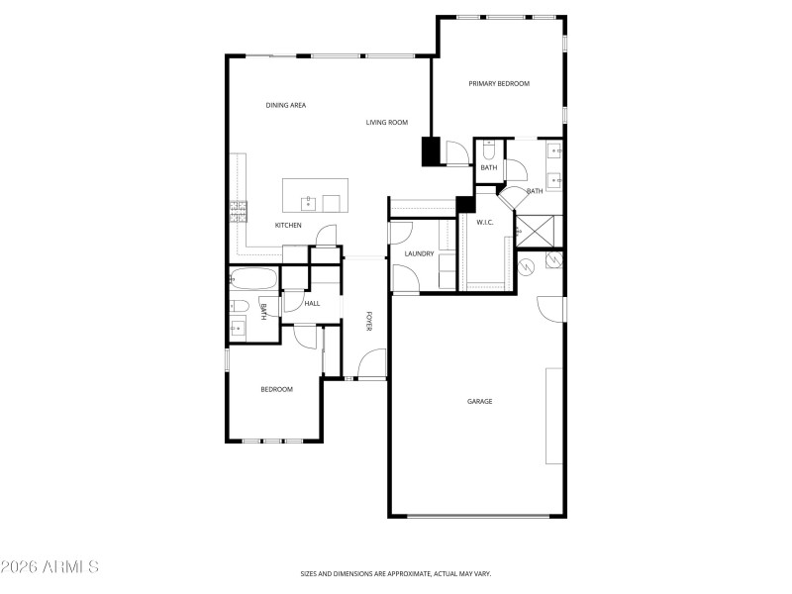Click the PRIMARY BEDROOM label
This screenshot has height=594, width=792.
(x=499, y=84)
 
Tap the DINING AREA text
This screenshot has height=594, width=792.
(x=285, y=105)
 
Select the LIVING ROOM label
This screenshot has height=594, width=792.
(x=387, y=123)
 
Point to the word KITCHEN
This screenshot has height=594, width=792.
(x=288, y=226)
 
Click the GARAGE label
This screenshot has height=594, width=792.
(x=480, y=402)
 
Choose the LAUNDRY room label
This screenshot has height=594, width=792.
(x=420, y=254)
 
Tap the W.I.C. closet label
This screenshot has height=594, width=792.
(x=485, y=222)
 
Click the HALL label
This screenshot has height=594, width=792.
(x=312, y=304)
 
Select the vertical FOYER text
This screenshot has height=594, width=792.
(x=368, y=321)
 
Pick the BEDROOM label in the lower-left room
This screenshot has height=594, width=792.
(x=276, y=389)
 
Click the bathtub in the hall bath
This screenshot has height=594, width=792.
(x=255, y=278)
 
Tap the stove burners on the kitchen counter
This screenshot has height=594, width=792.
(x=239, y=210)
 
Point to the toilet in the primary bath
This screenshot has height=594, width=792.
(x=489, y=151)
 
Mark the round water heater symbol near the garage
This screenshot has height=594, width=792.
(x=528, y=264)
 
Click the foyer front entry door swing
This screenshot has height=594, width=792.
(x=372, y=364)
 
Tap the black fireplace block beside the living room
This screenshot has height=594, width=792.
(x=431, y=150)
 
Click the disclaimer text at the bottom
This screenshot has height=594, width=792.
(x=396, y=573)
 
